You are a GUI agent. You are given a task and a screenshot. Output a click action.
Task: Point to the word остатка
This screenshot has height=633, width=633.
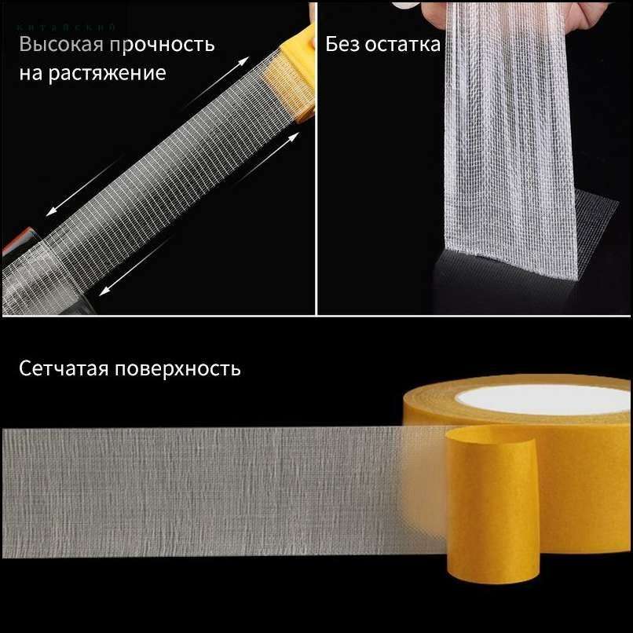click(x=403, y=44)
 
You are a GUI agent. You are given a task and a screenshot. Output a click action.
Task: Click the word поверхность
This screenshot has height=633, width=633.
click(x=180, y=368)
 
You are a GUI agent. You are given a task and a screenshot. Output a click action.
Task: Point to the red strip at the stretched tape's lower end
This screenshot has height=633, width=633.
click(x=11, y=243)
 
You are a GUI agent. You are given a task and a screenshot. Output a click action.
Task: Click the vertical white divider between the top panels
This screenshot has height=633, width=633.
click(x=316, y=157)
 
